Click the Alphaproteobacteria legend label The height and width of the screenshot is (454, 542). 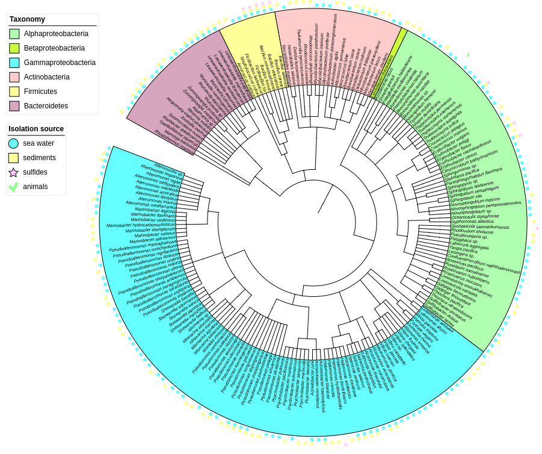pos(56,34)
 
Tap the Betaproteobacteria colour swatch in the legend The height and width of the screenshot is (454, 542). pos(14,48)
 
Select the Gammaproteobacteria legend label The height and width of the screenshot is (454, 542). pos(60,63)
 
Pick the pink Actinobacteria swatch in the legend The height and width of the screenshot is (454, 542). pos(14,77)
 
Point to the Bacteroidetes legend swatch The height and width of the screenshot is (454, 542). pos(14,106)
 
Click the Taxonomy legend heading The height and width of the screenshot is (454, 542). pos(27,19)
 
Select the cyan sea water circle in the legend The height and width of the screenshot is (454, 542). pos(13,143)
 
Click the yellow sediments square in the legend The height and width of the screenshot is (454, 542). pos(13,158)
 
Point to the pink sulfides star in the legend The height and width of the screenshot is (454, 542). pos(13,172)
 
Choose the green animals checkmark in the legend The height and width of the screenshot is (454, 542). pos(13,187)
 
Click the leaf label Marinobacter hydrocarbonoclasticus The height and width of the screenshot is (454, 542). pos(141,225)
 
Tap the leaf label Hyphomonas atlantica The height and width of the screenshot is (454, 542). pos(472,222)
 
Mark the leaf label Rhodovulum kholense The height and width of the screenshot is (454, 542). pos(472,231)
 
